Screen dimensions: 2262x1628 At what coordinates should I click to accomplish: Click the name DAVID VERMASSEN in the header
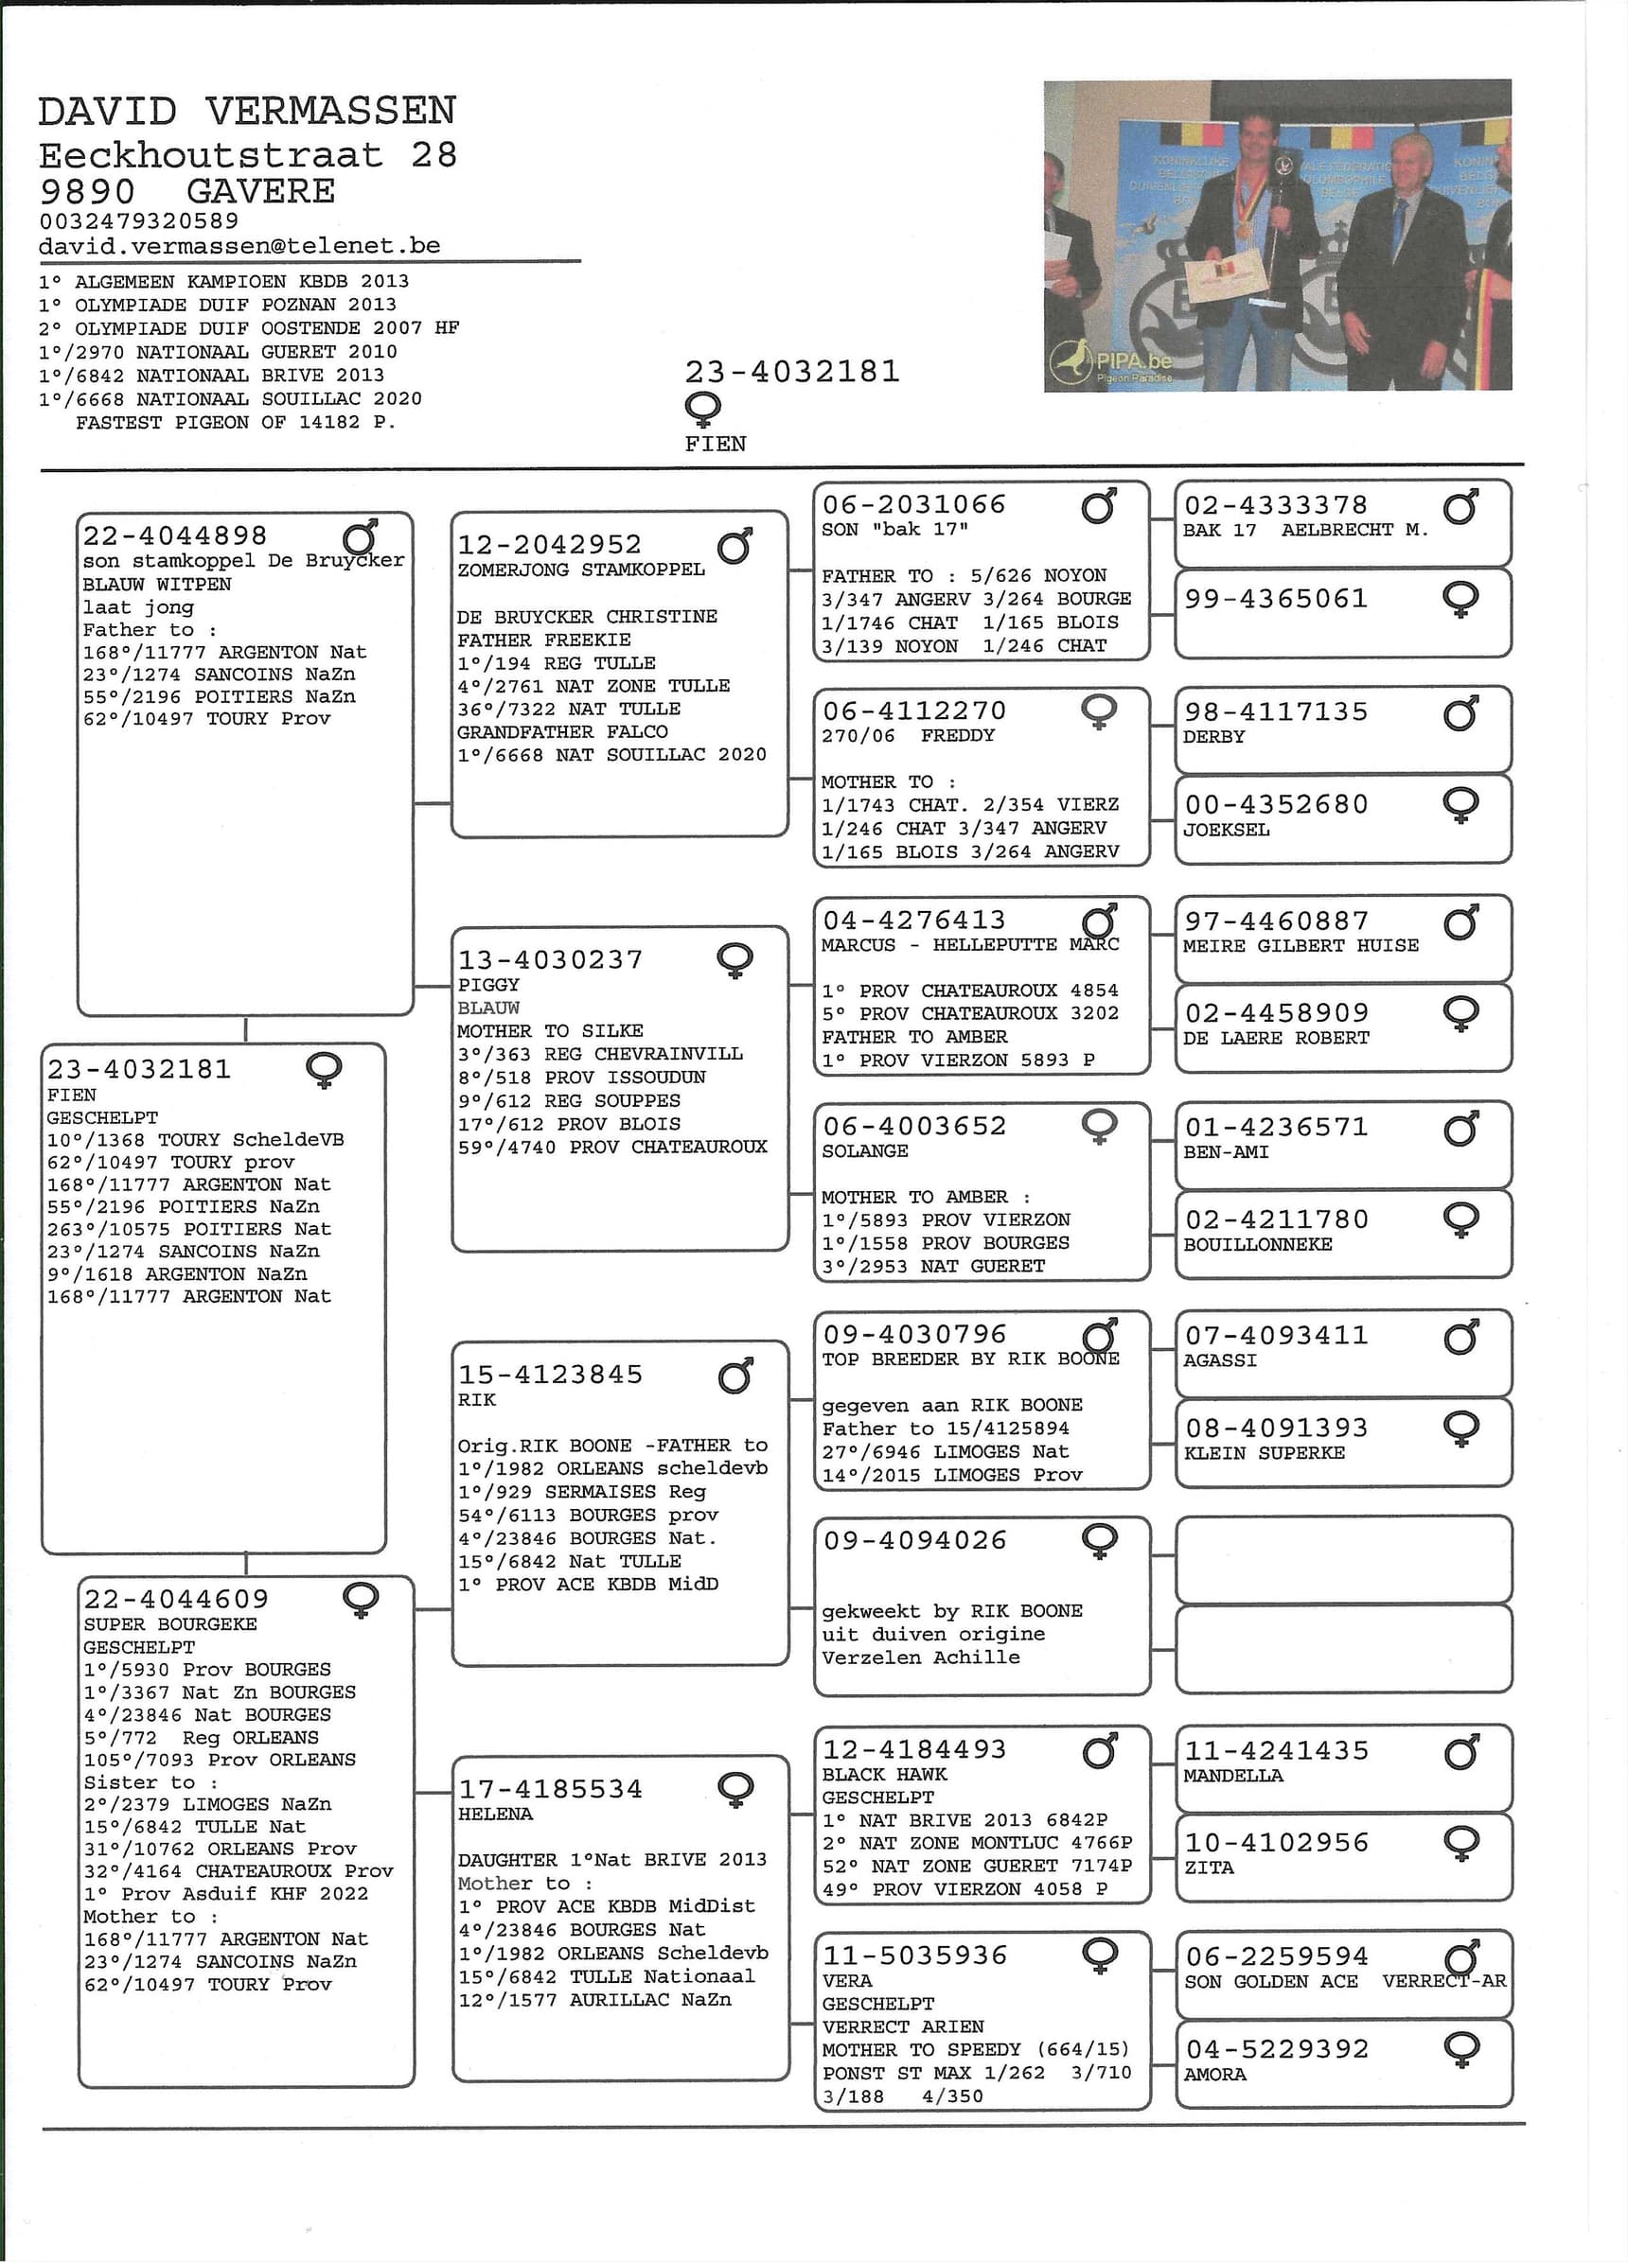247,111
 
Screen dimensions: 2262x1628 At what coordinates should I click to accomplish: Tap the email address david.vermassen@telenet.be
239,246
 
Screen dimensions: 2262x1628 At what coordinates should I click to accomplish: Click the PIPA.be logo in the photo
1110,364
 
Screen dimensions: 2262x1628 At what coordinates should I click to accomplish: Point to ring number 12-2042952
550,545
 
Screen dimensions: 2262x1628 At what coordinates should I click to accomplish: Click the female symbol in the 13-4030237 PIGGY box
735,960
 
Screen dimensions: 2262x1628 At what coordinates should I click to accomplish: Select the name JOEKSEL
1226,830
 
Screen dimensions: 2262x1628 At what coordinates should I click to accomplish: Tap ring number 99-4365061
1275,599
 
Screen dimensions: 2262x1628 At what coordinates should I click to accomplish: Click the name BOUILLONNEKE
1257,1245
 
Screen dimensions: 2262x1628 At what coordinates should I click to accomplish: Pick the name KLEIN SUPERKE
1264,1453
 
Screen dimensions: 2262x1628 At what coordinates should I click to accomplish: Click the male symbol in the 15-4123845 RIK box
735,1376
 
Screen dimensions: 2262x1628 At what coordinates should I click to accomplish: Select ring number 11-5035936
913,1955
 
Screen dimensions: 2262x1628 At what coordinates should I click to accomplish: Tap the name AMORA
1214,2075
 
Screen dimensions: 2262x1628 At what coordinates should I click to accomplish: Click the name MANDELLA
1233,1776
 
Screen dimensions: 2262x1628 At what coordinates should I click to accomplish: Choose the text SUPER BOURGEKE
169,1623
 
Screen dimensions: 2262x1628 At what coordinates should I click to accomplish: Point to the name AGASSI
1220,1360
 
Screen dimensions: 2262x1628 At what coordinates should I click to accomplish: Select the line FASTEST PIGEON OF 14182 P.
236,423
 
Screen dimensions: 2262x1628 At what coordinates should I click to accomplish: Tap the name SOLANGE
864,1151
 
